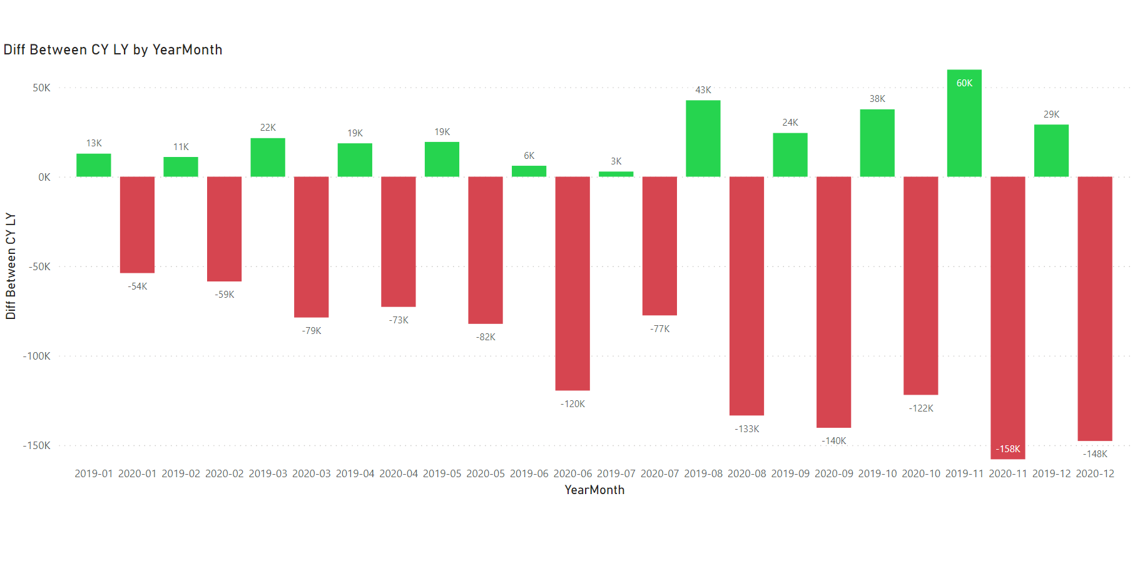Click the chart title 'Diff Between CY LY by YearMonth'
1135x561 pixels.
[113, 50]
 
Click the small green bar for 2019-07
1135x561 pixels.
[616, 174]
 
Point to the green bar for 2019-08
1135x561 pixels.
[703, 138]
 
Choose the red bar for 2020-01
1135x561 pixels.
[137, 225]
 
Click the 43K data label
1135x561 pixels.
[703, 90]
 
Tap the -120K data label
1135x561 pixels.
[573, 404]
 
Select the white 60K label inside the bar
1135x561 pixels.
[964, 83]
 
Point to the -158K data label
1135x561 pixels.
[1007, 449]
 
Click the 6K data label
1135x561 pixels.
[529, 156]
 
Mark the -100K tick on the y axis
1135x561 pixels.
[37, 356]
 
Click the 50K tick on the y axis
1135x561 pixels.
[42, 88]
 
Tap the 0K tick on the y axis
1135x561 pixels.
[44, 177]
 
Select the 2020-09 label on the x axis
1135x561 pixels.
[833, 473]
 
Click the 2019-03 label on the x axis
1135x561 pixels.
[268, 473]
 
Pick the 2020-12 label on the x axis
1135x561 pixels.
[1095, 473]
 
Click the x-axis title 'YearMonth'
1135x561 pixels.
[594, 490]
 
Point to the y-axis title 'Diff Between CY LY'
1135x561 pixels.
[11, 266]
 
